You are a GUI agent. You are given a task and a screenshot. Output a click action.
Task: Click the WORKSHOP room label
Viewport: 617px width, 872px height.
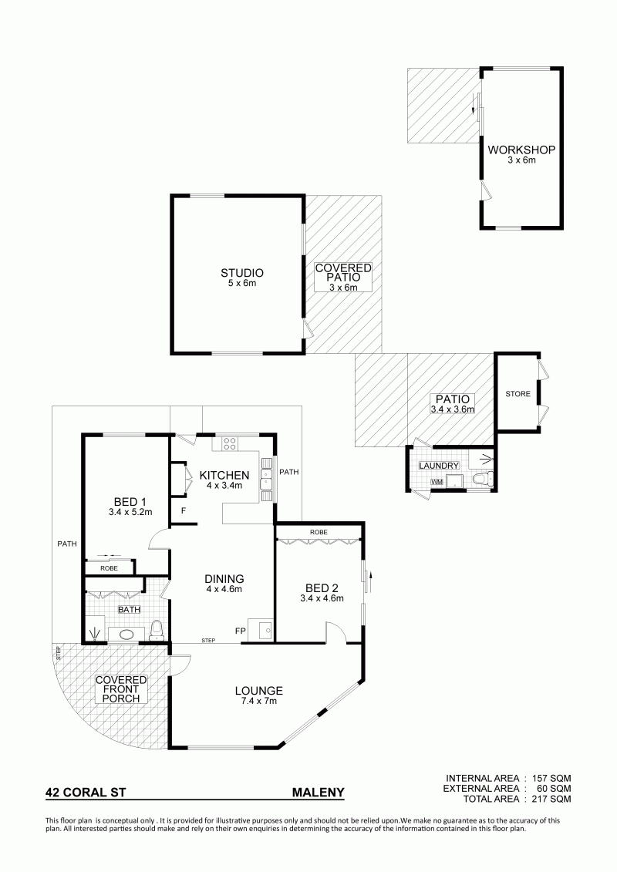(521, 150)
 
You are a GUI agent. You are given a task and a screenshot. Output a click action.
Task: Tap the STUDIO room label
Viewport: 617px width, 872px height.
(242, 273)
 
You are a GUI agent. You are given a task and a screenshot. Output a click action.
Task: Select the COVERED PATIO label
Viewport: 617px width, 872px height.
(343, 272)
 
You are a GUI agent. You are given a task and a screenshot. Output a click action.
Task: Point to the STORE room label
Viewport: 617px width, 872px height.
(518, 394)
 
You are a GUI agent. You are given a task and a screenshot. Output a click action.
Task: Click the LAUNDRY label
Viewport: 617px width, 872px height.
(439, 466)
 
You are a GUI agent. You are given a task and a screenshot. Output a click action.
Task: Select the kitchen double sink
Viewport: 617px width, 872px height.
(267, 474)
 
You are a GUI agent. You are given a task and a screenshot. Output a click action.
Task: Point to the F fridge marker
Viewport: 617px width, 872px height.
(183, 510)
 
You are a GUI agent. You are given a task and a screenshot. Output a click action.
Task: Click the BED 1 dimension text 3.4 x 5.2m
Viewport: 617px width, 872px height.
(130, 512)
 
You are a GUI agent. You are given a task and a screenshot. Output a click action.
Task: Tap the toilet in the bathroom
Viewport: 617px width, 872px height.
(157, 630)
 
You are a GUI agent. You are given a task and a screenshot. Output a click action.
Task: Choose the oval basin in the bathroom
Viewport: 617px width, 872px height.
(123, 634)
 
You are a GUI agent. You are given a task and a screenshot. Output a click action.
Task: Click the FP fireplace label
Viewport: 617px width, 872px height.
(241, 631)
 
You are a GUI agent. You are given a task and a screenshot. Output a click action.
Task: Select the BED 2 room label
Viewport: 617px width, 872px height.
(322, 588)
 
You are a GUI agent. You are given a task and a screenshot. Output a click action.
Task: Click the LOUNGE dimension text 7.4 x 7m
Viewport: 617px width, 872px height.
(258, 702)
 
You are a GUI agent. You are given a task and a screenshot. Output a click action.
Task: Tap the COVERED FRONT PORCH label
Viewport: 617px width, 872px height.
(121, 689)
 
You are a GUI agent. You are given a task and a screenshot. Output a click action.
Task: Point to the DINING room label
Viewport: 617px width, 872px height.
(224, 579)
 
